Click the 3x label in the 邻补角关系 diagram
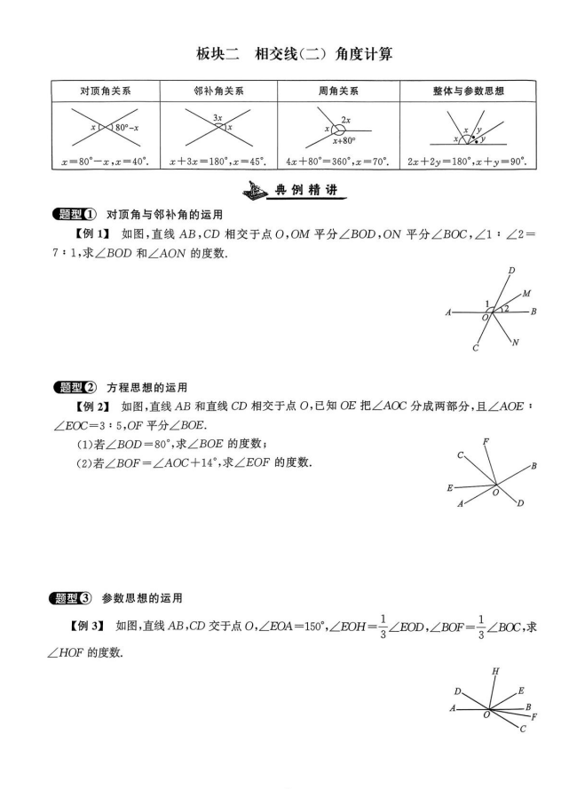(x=217, y=117)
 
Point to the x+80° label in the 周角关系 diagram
(x=344, y=140)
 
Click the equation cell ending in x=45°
(x=218, y=162)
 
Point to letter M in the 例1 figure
(x=526, y=293)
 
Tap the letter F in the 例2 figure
(x=485, y=441)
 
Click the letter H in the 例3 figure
(x=494, y=671)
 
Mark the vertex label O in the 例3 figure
(x=486, y=714)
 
